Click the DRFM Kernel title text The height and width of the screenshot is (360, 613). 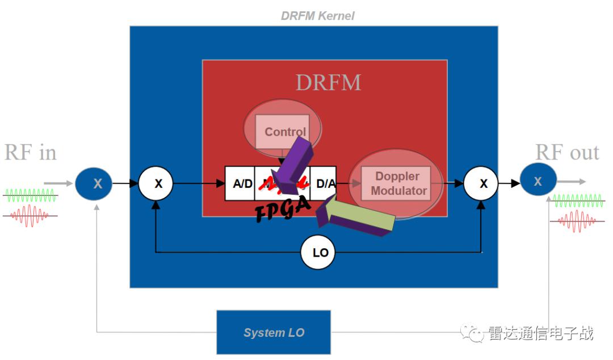317,16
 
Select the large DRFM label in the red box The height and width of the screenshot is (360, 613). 328,83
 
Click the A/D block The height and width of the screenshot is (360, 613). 240,183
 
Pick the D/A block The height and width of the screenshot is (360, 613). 324,183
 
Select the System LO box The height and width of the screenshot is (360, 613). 274,332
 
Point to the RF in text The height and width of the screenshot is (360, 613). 30,153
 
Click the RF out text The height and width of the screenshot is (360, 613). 567,152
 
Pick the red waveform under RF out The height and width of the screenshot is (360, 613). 578,220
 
